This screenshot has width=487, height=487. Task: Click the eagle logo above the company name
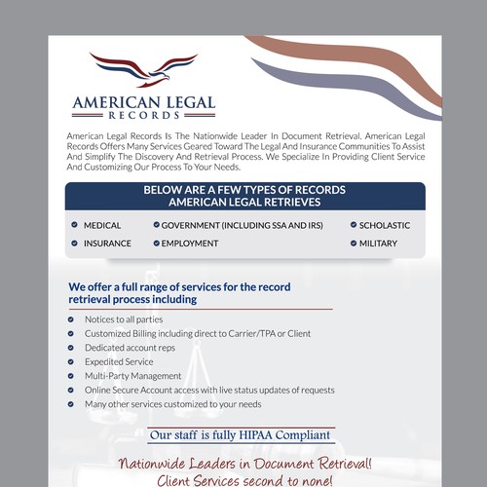[x=143, y=70]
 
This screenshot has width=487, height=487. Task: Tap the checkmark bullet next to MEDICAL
[x=73, y=225]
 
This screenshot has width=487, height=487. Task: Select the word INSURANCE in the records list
[x=107, y=243]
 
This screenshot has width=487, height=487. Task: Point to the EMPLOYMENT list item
[x=190, y=243]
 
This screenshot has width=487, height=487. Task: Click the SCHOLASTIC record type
[x=385, y=225]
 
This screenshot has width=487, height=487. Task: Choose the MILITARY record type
[x=378, y=243]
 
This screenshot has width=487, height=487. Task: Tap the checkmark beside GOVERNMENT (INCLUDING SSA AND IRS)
[x=156, y=225]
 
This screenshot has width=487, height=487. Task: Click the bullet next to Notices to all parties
[x=72, y=319]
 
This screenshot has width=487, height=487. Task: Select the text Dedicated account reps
[x=130, y=347]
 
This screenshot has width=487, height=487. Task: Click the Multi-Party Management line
[x=132, y=375]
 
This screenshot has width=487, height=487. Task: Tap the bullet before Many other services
[x=72, y=404]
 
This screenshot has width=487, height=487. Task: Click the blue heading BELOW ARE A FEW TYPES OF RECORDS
[x=244, y=190]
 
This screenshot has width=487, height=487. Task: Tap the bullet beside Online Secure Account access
[x=72, y=390]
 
